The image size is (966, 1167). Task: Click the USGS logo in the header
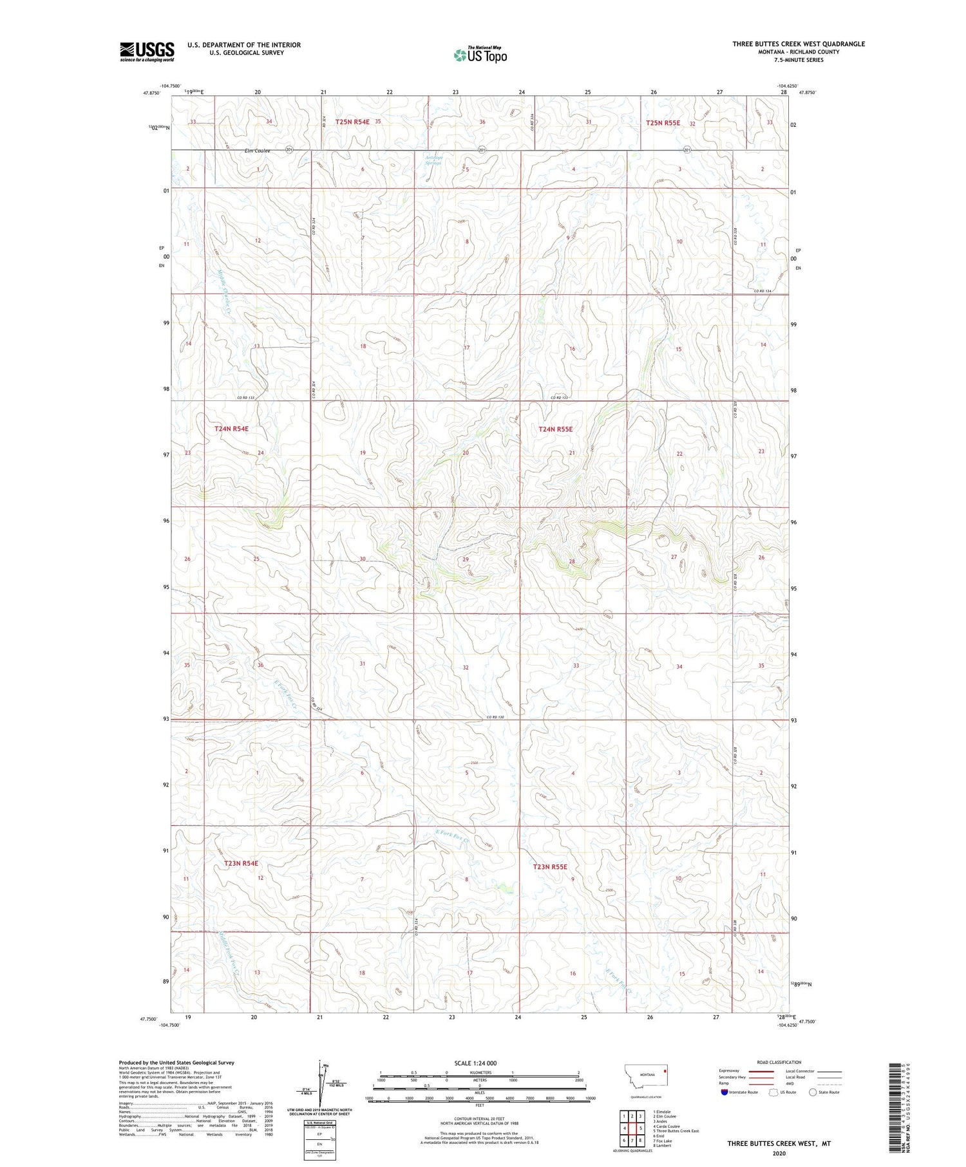click(x=147, y=51)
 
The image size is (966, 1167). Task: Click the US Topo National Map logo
click(x=480, y=55)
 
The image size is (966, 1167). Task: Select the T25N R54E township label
click(x=352, y=121)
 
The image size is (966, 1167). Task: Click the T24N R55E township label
click(x=555, y=429)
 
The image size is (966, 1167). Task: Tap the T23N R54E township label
click(x=241, y=863)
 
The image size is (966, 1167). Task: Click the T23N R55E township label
click(x=550, y=867)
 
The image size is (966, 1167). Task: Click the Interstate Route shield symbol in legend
click(x=724, y=1092)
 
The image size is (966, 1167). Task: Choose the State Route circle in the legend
click(x=813, y=1092)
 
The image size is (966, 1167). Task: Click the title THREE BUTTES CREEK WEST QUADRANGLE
click(x=798, y=44)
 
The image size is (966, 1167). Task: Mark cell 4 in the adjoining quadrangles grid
click(x=623, y=1128)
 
